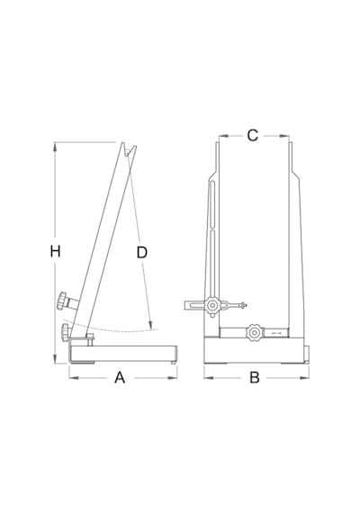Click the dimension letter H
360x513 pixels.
tap(55, 252)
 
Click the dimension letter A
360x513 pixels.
tap(120, 378)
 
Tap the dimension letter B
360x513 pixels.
tap(255, 378)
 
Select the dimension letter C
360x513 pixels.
tap(252, 135)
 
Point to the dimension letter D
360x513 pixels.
tap(141, 253)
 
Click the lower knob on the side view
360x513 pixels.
tap(65, 332)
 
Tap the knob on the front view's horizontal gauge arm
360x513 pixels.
tap(212, 306)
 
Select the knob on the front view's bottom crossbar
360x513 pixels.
tap(255, 333)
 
